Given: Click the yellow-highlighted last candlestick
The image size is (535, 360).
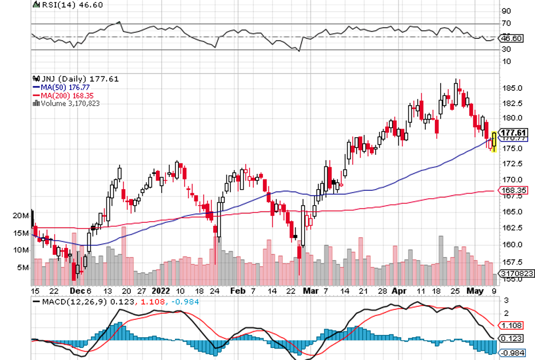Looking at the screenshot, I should point(494,142).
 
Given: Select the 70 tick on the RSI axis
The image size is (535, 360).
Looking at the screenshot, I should point(506,23).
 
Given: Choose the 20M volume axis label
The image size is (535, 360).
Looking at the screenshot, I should point(21,215).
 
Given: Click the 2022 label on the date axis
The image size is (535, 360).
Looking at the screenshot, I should point(162,290).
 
